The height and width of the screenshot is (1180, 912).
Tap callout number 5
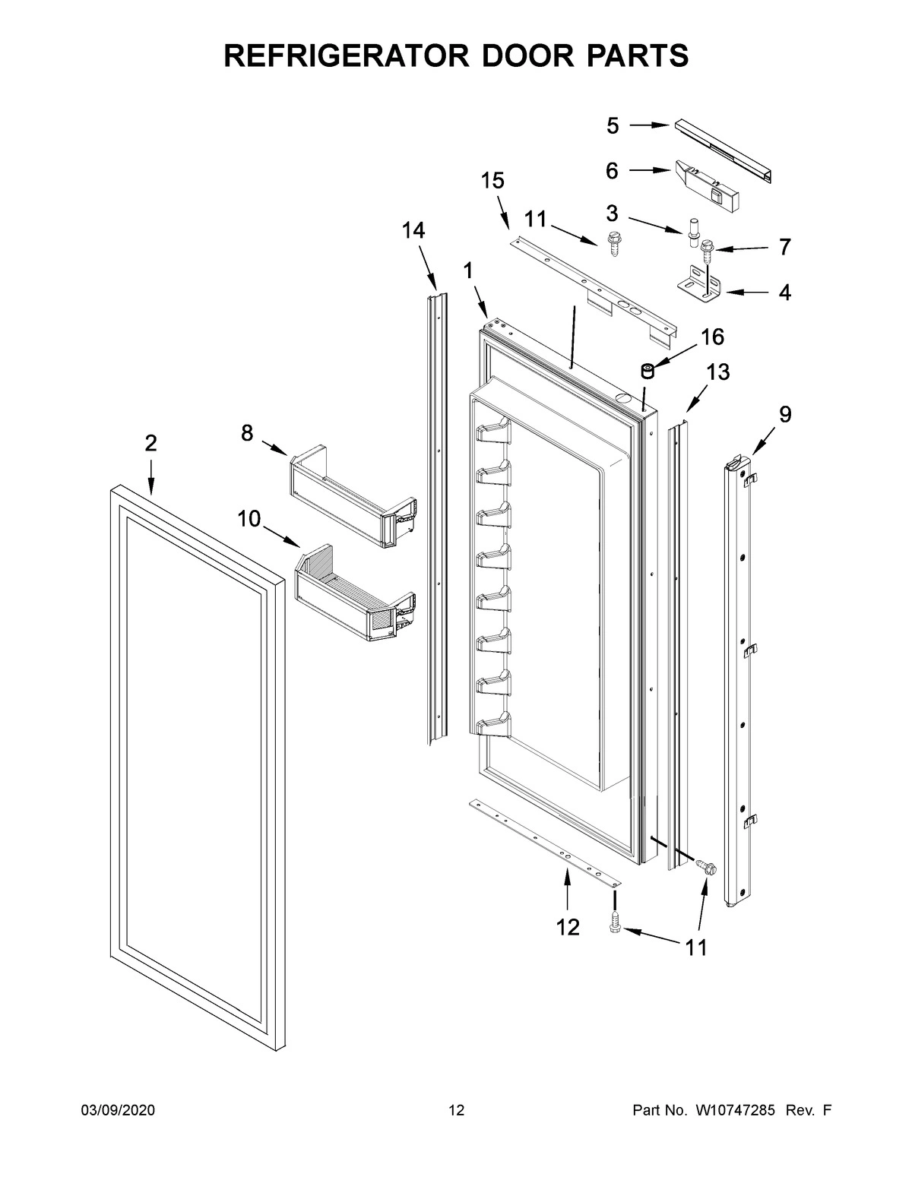(613, 126)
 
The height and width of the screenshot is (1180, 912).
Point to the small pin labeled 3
(693, 230)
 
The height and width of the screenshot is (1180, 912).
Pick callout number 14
(413, 231)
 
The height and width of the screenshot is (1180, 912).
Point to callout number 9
(784, 414)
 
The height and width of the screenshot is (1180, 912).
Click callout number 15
(492, 181)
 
